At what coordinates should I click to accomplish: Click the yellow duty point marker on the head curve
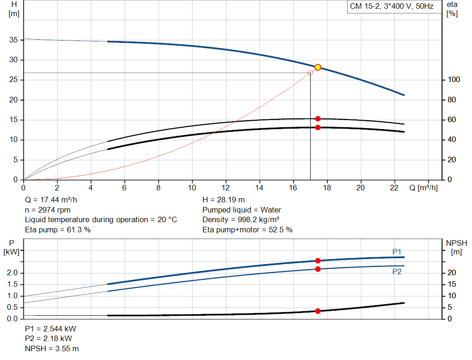tap(318, 67)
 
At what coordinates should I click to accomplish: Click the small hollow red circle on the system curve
tap(310, 73)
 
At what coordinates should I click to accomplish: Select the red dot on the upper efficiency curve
tap(318, 119)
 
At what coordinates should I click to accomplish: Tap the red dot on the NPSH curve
tap(318, 311)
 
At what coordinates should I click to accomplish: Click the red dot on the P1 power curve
tap(318, 261)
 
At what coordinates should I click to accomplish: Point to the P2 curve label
tap(397, 272)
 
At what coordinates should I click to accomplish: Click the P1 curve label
tap(397, 251)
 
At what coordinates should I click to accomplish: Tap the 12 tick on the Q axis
tap(226, 188)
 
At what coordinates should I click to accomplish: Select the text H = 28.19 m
tap(224, 200)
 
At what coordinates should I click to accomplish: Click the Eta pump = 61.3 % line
tap(58, 230)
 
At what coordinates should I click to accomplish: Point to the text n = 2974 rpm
tap(48, 210)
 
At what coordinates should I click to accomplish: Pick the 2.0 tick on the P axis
tap(12, 273)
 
